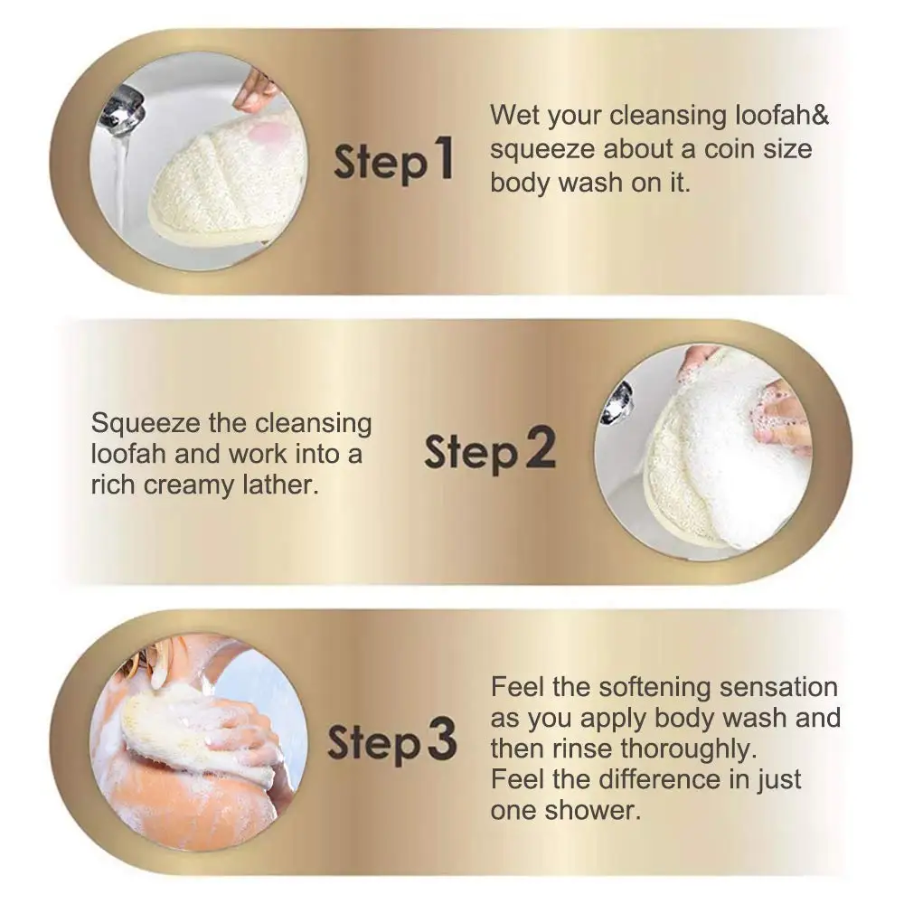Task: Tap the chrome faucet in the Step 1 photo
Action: coord(120,109)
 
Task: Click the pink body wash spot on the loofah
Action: coord(268,136)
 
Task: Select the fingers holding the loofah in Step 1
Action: coord(256,91)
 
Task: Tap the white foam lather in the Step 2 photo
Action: coord(723,470)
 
